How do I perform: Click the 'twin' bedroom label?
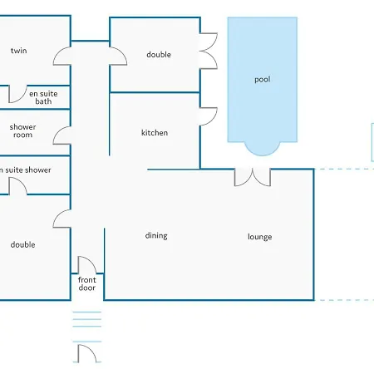pyautogui.click(x=18, y=51)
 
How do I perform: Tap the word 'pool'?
pyautogui.click(x=263, y=80)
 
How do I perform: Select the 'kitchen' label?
pyautogui.click(x=155, y=133)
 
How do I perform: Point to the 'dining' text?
pyautogui.click(x=156, y=235)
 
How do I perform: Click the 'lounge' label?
pyautogui.click(x=259, y=237)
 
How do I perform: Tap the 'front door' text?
pyautogui.click(x=87, y=284)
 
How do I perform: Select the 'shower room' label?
pyautogui.click(x=22, y=131)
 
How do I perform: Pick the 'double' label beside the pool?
pyautogui.click(x=159, y=55)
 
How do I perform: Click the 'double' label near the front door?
pyautogui.click(x=22, y=244)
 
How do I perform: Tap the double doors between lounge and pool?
pyautogui.click(x=252, y=177)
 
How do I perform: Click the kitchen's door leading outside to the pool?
pyautogui.click(x=208, y=116)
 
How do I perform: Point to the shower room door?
pyautogui.click(x=63, y=131)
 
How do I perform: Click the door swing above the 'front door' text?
pyautogui.click(x=87, y=265)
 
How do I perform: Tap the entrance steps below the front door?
pyautogui.click(x=86, y=326)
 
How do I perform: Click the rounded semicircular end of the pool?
pyautogui.click(x=262, y=147)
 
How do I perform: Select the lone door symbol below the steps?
pyautogui.click(x=86, y=354)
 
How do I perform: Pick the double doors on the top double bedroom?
pyautogui.click(x=208, y=54)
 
